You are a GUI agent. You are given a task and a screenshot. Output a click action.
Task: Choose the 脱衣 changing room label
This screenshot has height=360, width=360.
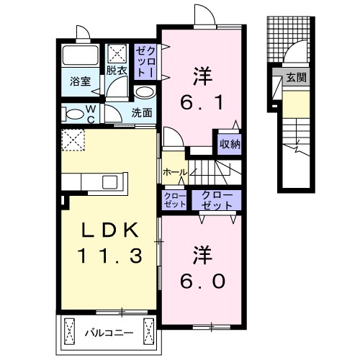click(116, 71)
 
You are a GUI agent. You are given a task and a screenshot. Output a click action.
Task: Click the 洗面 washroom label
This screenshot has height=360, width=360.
click(141, 113)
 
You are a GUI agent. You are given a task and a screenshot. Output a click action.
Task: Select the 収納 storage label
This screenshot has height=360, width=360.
click(230, 142)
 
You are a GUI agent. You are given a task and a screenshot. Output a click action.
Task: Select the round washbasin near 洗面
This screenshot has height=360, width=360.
click(144, 93)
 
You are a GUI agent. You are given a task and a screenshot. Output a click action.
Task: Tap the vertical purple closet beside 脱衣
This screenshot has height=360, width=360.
click(147, 61)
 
